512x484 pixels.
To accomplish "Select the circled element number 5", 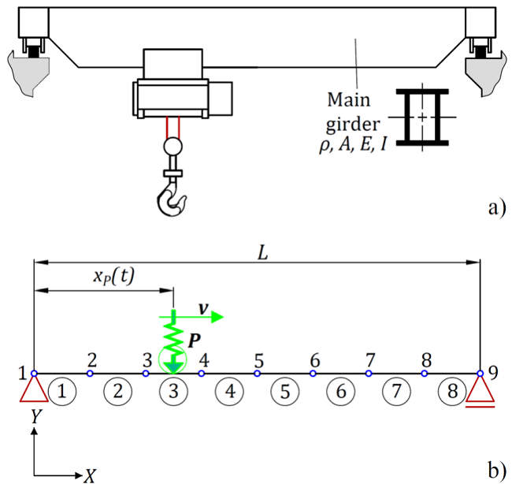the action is coord(285,391).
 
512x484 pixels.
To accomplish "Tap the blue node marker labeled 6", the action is coord(313,373).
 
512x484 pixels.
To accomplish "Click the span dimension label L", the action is coord(263,252).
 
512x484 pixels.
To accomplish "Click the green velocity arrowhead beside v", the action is coord(217,317).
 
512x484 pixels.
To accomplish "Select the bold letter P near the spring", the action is coord(195,341).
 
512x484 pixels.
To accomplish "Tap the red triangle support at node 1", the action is coord(34,389).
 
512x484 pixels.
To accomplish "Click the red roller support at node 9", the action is coord(480,392).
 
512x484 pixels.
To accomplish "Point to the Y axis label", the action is coord(36,417).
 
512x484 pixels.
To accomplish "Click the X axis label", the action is coord(90,476).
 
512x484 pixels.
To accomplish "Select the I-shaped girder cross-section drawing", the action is coord(422,117).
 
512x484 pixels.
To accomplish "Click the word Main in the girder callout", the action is coord(349,99).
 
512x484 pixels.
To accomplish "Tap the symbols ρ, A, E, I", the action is coord(353,145).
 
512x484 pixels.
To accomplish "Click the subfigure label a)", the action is coord(497,207).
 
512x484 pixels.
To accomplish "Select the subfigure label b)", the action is coord(497,470).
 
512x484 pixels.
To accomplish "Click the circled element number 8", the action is coord(452,391).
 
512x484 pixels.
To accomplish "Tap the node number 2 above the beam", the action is coord(92,360).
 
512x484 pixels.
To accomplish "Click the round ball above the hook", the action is coord(173,146).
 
